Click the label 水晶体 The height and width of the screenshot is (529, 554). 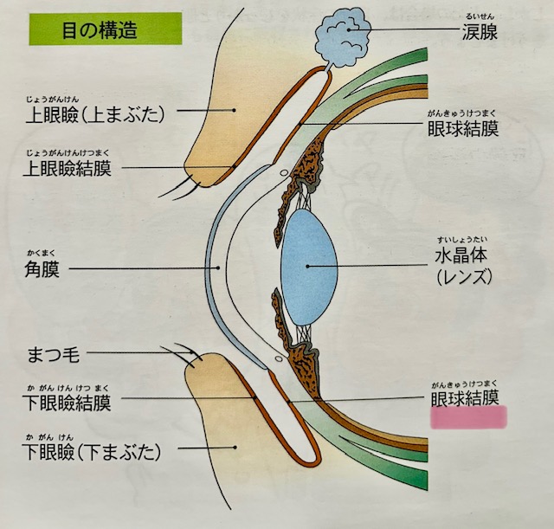click(467, 257)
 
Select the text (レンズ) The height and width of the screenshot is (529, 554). click(466, 278)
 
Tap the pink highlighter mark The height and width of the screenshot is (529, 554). click(468, 418)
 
